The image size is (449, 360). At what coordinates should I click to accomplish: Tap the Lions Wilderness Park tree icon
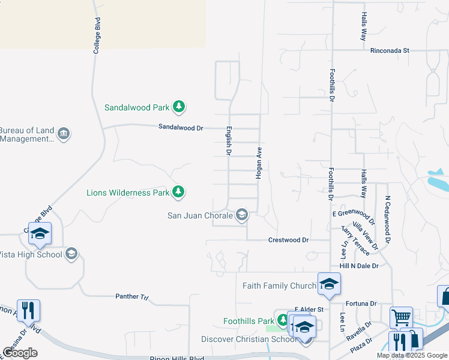click(178, 192)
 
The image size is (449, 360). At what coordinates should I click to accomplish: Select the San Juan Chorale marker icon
click(242, 214)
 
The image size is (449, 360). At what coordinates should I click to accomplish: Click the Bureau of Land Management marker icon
click(65, 133)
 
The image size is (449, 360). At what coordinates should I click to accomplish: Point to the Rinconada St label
click(390, 51)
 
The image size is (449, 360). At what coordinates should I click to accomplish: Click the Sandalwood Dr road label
click(181, 127)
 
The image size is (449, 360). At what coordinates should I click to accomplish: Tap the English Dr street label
click(229, 140)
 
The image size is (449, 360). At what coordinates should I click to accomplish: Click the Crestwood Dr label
click(288, 240)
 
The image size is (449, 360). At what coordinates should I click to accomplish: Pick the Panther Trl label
click(131, 296)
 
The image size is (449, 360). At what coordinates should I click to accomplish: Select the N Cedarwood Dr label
click(388, 218)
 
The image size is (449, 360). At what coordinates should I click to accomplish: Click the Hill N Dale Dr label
click(359, 265)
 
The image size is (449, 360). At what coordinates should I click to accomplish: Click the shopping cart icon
click(401, 317)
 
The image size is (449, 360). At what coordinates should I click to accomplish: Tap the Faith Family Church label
click(279, 286)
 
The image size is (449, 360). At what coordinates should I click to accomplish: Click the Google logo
click(20, 353)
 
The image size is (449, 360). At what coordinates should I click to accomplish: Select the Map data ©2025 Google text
click(412, 355)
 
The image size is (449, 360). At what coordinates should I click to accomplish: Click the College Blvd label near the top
click(96, 36)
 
